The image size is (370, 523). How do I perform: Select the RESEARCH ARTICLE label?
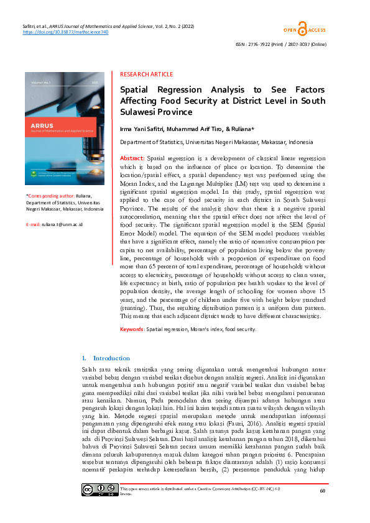coord(146,73)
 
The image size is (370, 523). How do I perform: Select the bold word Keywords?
coord(132,329)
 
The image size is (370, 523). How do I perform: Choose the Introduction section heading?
coord(111,358)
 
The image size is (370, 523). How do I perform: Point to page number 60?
coord(321,508)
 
